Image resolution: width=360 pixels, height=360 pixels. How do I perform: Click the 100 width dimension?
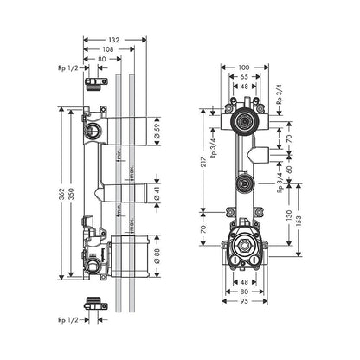tap(244, 65)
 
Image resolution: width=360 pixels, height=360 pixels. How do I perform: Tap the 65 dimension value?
tap(244, 76)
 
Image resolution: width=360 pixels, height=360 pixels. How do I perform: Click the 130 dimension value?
tap(288, 213)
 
